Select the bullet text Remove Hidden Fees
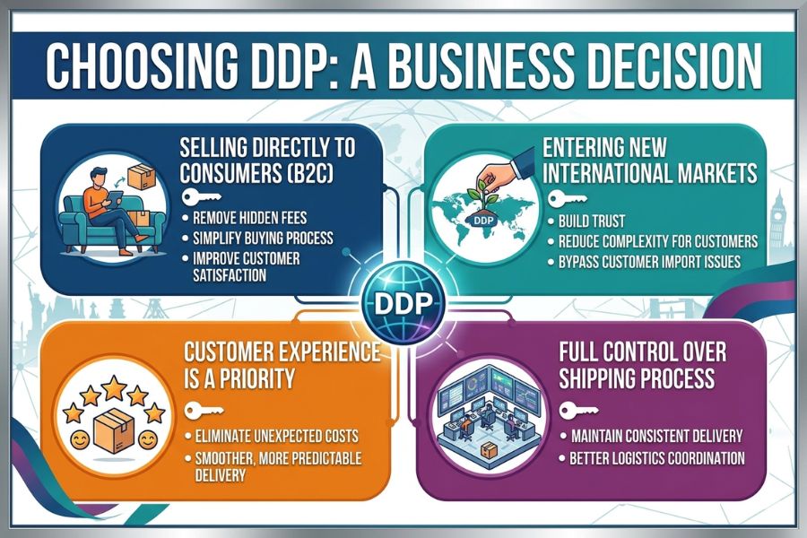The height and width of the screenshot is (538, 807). [249, 217]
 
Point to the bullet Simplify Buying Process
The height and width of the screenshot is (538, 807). [263, 238]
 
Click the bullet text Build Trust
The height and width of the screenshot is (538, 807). [592, 221]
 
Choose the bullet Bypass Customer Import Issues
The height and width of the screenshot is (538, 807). [649, 262]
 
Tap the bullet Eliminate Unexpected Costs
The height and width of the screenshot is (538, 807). [276, 437]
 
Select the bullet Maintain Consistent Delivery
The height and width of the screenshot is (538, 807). [657, 437]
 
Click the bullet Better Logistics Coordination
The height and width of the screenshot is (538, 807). [657, 458]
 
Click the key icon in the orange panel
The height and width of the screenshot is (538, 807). [204, 411]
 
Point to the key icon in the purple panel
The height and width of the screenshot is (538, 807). [579, 411]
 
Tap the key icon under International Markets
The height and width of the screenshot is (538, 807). [568, 199]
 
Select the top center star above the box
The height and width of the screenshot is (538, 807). [114, 387]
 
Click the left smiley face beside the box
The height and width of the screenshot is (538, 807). [80, 440]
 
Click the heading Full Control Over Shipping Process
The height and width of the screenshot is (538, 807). [643, 366]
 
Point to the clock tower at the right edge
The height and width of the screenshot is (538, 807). [778, 222]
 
